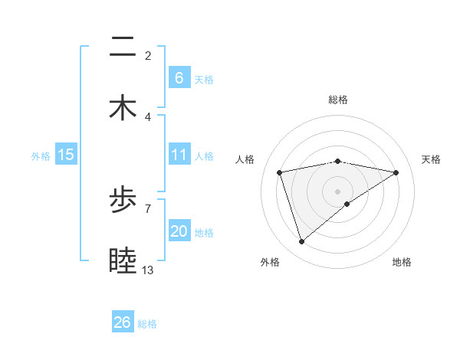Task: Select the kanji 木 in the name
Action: [123, 108]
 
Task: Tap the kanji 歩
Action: [123, 202]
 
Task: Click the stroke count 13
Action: [148, 270]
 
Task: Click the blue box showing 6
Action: [179, 77]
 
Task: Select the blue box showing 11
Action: [179, 155]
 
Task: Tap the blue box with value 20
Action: [179, 231]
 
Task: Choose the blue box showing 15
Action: [66, 155]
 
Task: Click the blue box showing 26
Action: [123, 322]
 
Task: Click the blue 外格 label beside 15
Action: [41, 155]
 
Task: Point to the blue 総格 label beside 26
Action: [147, 324]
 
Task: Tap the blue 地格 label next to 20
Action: [204, 233]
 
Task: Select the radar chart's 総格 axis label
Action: [338, 100]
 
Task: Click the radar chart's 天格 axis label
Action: [431, 159]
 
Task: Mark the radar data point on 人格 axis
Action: [280, 172]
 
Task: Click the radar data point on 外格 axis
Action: [301, 242]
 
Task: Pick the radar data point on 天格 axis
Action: [396, 172]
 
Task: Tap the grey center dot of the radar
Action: [338, 191]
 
